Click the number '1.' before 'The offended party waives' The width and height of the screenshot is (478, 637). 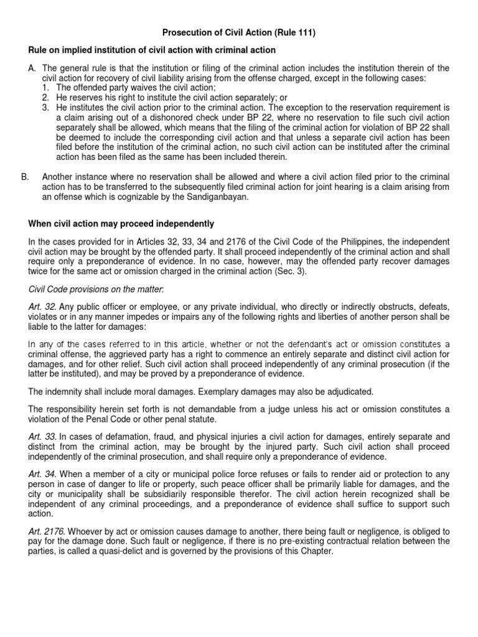(46, 88)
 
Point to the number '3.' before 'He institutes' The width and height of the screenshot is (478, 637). (46, 107)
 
